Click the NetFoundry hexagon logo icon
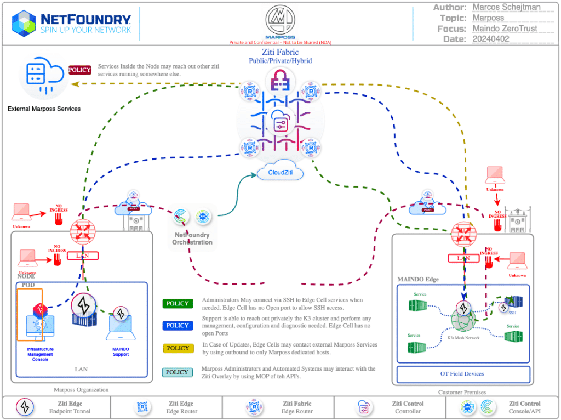24,22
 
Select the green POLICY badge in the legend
178,304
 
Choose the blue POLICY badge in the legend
178,326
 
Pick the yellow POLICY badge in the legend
178,348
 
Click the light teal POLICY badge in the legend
178,372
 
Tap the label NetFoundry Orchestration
192,239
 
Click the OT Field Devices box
463,374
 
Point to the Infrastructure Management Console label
40,354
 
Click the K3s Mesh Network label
463,338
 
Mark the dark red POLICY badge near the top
79,70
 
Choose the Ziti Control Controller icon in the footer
363,407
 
